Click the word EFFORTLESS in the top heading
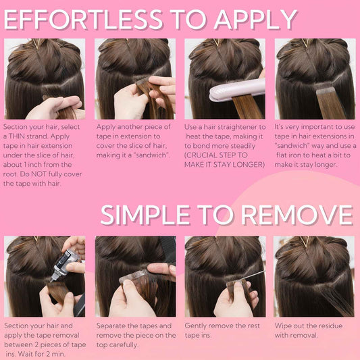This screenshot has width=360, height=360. [x=83, y=20]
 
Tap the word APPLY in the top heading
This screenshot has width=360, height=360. [x=255, y=20]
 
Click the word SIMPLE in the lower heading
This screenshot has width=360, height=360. [x=145, y=215]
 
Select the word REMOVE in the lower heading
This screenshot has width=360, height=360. [x=297, y=215]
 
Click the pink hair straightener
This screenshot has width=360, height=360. [x=237, y=90]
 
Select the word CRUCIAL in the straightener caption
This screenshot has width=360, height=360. [x=201, y=155]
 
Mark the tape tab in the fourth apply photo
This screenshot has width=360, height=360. [x=326, y=91]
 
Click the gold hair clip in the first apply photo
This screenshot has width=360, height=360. [x=36, y=43]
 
